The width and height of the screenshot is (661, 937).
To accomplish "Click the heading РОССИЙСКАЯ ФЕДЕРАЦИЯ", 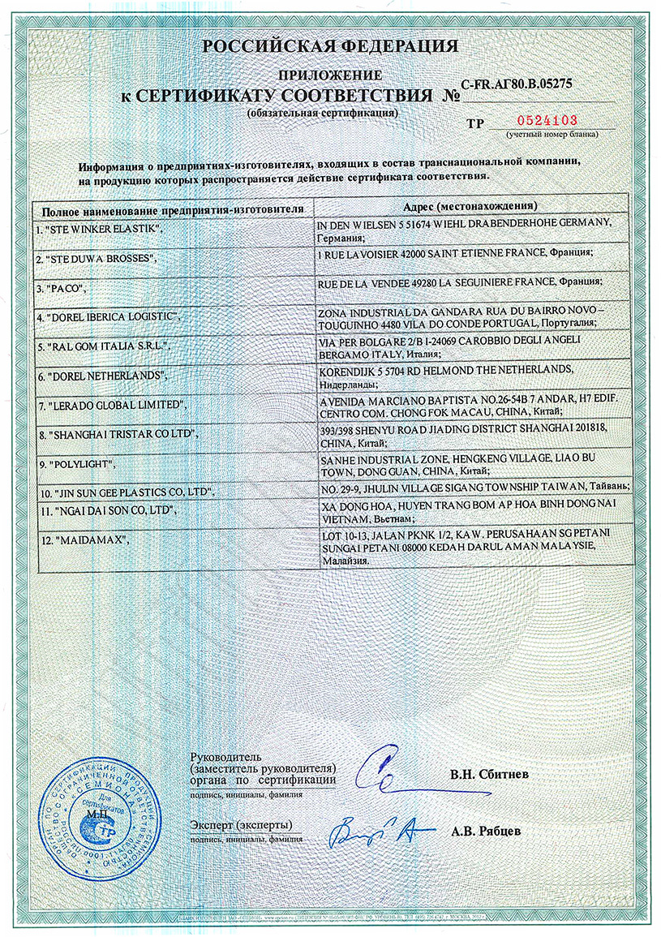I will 330,46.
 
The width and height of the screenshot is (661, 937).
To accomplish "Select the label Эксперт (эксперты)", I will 241,824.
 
